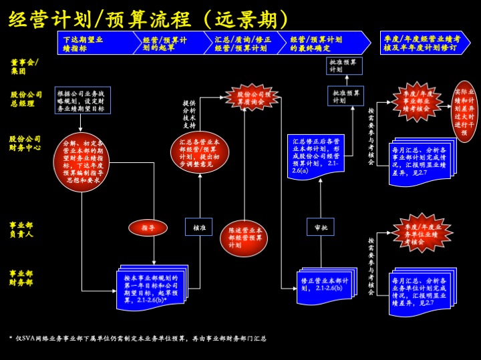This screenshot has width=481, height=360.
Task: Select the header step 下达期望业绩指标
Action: (x=94, y=43)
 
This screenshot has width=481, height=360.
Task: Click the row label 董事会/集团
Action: (x=25, y=66)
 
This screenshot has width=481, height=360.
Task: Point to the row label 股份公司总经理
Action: (x=27, y=99)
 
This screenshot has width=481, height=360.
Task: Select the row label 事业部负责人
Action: (x=21, y=229)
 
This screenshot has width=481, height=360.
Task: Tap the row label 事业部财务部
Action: (x=21, y=278)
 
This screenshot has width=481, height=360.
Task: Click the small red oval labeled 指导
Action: (x=148, y=228)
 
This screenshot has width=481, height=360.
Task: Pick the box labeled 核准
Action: (x=199, y=227)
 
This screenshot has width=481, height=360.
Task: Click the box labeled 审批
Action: (x=321, y=227)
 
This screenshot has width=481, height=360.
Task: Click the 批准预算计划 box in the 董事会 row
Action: (x=345, y=65)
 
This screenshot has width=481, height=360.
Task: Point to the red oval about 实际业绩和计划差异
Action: (x=465, y=111)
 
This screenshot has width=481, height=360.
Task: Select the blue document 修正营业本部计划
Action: (x=325, y=285)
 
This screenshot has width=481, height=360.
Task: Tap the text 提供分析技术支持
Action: (x=189, y=114)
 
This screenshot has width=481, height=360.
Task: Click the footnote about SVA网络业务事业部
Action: (x=140, y=339)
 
